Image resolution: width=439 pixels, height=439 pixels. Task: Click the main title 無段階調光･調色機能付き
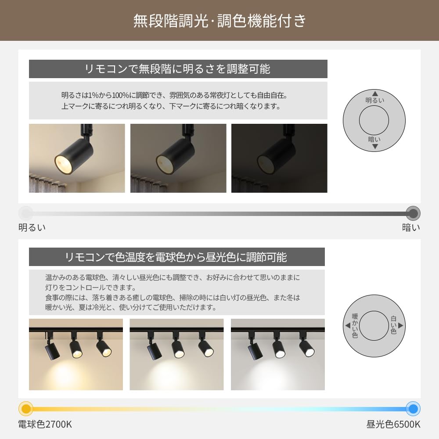pos(219,21)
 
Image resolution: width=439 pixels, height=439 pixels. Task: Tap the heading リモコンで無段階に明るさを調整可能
pos(178,69)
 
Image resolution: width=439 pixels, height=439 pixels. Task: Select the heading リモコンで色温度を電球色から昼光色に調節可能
pos(176,257)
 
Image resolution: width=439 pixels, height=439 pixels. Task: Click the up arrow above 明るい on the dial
pos(375,94)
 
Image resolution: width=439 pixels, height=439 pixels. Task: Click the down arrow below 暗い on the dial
pos(375,147)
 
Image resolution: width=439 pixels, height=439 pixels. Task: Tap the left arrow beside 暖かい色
pos(348,325)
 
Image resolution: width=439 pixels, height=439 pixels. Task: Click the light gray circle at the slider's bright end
pos(26,213)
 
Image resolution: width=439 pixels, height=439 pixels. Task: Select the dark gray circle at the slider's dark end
pos(413,213)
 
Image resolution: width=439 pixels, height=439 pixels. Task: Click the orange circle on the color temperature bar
pos(26,409)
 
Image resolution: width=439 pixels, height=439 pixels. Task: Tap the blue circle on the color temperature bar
pos(413,409)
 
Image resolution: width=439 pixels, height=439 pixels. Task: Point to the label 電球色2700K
pos(45,425)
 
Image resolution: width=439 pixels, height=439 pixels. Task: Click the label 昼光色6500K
pos(393,425)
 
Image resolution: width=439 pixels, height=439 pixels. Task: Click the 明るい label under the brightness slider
pos(32,227)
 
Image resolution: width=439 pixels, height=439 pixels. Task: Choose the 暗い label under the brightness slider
pos(411,227)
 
